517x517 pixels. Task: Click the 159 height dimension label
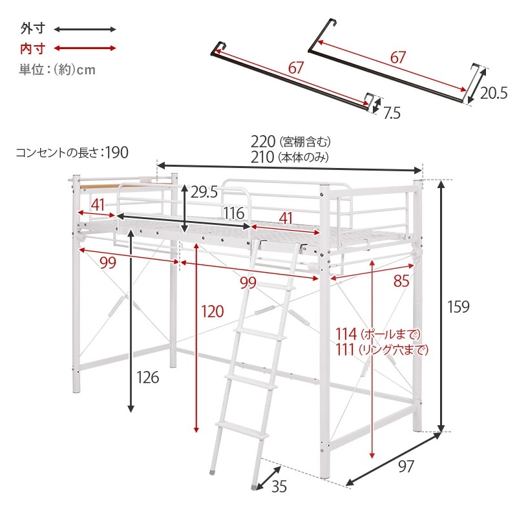[x=458, y=306]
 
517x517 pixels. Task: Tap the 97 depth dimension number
[x=406, y=466]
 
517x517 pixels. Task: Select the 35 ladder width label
[x=279, y=487]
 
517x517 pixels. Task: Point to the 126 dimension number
[x=148, y=377]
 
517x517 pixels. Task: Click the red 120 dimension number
[x=213, y=311]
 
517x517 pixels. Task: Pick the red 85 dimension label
[x=401, y=281]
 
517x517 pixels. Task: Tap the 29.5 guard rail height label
[x=204, y=192]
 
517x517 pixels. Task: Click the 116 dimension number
[x=234, y=213]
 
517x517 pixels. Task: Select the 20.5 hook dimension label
[x=494, y=93]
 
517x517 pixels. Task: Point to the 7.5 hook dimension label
[x=392, y=113]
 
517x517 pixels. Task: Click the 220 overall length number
[x=263, y=142]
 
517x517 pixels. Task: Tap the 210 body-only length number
[x=262, y=157]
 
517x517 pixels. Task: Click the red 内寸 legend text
[x=33, y=49]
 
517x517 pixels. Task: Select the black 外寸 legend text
[x=33, y=28]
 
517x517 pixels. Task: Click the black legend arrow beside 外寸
[x=85, y=29]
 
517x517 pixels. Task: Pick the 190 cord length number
[x=117, y=153]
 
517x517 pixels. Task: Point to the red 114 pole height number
[x=346, y=334]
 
